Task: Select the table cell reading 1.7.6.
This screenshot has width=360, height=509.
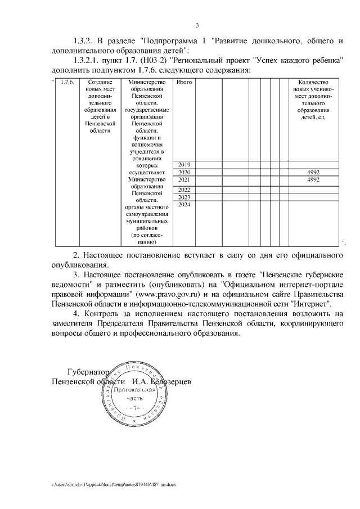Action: tap(66, 83)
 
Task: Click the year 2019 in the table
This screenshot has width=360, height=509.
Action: tap(184, 164)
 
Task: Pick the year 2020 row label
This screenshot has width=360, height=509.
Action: tap(184, 172)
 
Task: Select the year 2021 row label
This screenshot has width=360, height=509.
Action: tap(184, 179)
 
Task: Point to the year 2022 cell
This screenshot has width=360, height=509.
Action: tap(184, 190)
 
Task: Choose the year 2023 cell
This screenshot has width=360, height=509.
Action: tap(184, 197)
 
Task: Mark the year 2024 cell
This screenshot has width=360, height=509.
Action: tap(184, 205)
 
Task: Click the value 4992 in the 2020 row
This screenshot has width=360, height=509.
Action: tap(313, 172)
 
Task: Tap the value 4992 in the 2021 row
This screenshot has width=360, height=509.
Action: tap(313, 179)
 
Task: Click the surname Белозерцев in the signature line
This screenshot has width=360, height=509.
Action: tap(168, 382)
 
